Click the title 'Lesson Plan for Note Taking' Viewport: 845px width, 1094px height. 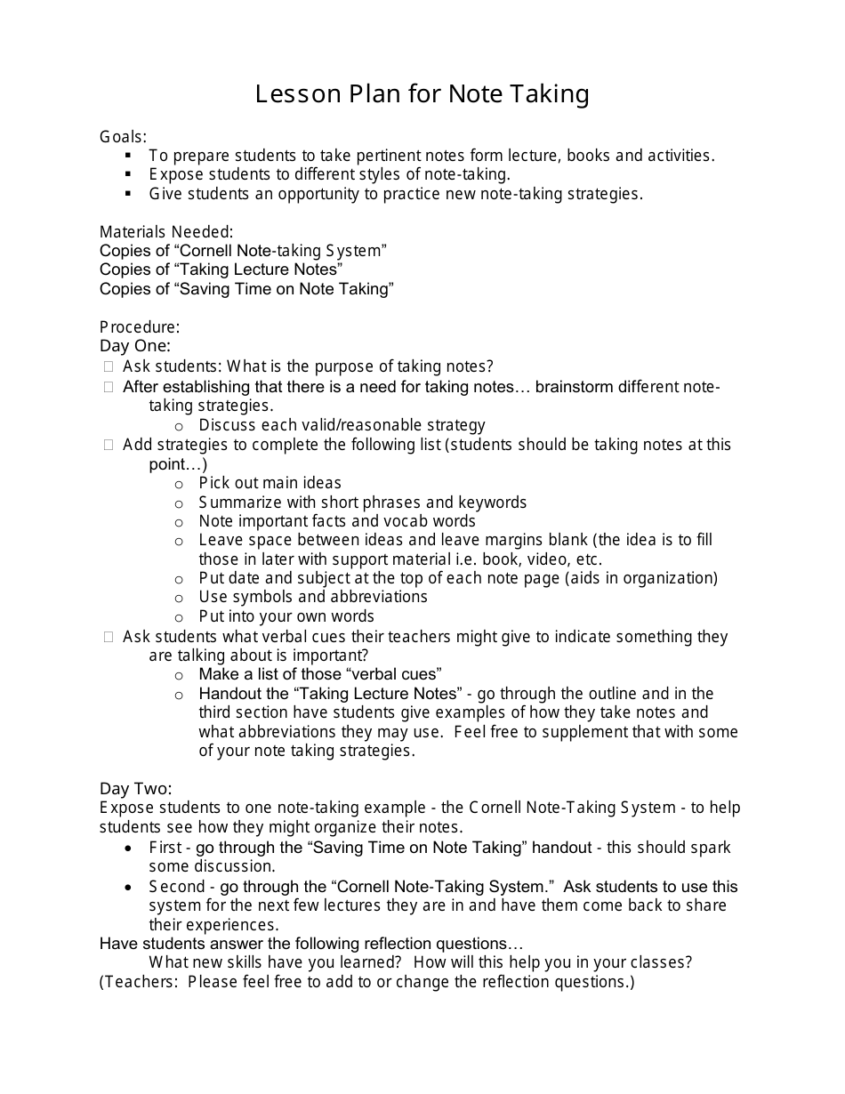422,94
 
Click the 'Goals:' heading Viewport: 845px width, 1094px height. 123,136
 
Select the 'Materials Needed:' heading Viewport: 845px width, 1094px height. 166,231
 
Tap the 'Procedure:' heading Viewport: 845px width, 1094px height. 140,326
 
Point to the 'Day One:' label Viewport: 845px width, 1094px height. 135,345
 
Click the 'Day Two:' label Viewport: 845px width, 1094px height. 136,788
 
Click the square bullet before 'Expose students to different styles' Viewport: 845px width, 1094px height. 129,174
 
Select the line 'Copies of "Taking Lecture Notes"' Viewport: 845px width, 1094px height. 221,269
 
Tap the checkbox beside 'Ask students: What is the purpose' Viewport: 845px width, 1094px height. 109,366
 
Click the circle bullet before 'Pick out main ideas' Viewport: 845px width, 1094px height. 179,484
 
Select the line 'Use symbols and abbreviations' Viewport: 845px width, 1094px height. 313,597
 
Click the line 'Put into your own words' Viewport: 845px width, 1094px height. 286,616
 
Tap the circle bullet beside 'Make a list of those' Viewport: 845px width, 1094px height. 179,675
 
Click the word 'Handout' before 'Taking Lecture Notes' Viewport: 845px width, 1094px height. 227,693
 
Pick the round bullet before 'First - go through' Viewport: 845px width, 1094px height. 130,849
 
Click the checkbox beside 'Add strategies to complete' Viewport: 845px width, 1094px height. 109,445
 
